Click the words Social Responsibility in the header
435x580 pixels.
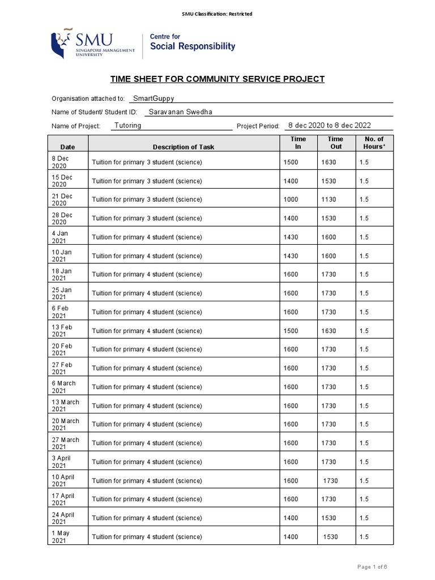click(192, 46)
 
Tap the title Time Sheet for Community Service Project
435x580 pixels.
click(217, 79)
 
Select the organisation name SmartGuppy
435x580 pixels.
click(153, 98)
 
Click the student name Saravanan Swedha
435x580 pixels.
click(181, 112)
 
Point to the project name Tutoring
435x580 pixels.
click(128, 125)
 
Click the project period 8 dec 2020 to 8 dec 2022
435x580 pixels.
click(330, 125)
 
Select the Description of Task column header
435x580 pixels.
click(184, 147)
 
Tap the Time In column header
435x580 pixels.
click(298, 143)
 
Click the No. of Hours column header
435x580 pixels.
click(374, 143)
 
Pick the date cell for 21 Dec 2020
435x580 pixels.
click(62, 200)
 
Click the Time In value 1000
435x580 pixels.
click(291, 200)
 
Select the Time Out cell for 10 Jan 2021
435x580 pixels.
click(329, 256)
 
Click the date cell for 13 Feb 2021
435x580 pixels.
click(62, 331)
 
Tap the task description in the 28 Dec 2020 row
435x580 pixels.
click(147, 219)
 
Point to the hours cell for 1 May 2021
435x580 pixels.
click(364, 536)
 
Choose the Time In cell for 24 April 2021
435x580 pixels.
click(291, 518)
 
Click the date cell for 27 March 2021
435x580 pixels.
click(66, 443)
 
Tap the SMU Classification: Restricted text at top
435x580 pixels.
click(217, 14)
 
